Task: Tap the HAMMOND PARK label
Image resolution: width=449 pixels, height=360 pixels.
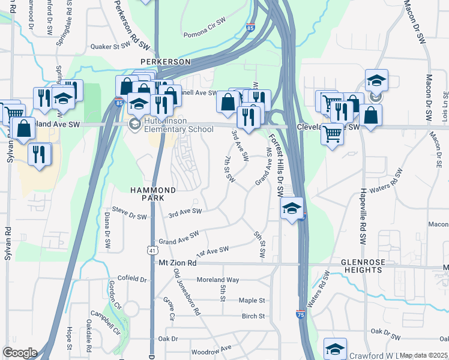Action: [x=153, y=194]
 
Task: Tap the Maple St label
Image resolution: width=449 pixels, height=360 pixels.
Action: [x=252, y=300]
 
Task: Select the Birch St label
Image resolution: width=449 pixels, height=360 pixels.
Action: [x=253, y=316]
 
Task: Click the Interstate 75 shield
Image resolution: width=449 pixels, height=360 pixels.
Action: [x=300, y=314]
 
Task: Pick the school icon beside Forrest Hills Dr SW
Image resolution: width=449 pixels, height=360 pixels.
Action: [x=292, y=208]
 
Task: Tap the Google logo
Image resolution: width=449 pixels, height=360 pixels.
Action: [x=20, y=353]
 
